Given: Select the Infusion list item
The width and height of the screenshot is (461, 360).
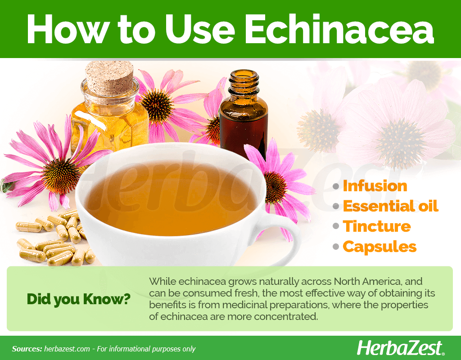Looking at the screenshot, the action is click(x=375, y=186).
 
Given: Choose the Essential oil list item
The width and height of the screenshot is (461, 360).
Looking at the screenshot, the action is click(x=390, y=206).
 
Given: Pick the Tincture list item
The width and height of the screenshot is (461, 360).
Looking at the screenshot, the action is click(x=377, y=226).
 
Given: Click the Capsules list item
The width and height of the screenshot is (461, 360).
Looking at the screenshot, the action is click(x=380, y=247).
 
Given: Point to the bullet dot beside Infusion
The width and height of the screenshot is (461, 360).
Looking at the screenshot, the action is click(x=336, y=186).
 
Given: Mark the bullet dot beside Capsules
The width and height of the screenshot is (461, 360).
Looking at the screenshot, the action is click(x=336, y=247).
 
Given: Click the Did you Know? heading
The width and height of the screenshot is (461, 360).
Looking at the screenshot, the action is click(x=78, y=299).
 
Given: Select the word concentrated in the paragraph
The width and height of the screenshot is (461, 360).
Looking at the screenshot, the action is click(x=286, y=316).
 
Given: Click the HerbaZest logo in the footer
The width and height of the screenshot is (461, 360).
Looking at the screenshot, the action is click(x=400, y=348).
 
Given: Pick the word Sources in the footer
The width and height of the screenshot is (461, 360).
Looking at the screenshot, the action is click(x=27, y=349).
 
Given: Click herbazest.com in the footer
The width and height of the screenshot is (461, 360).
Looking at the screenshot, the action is click(x=67, y=349).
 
